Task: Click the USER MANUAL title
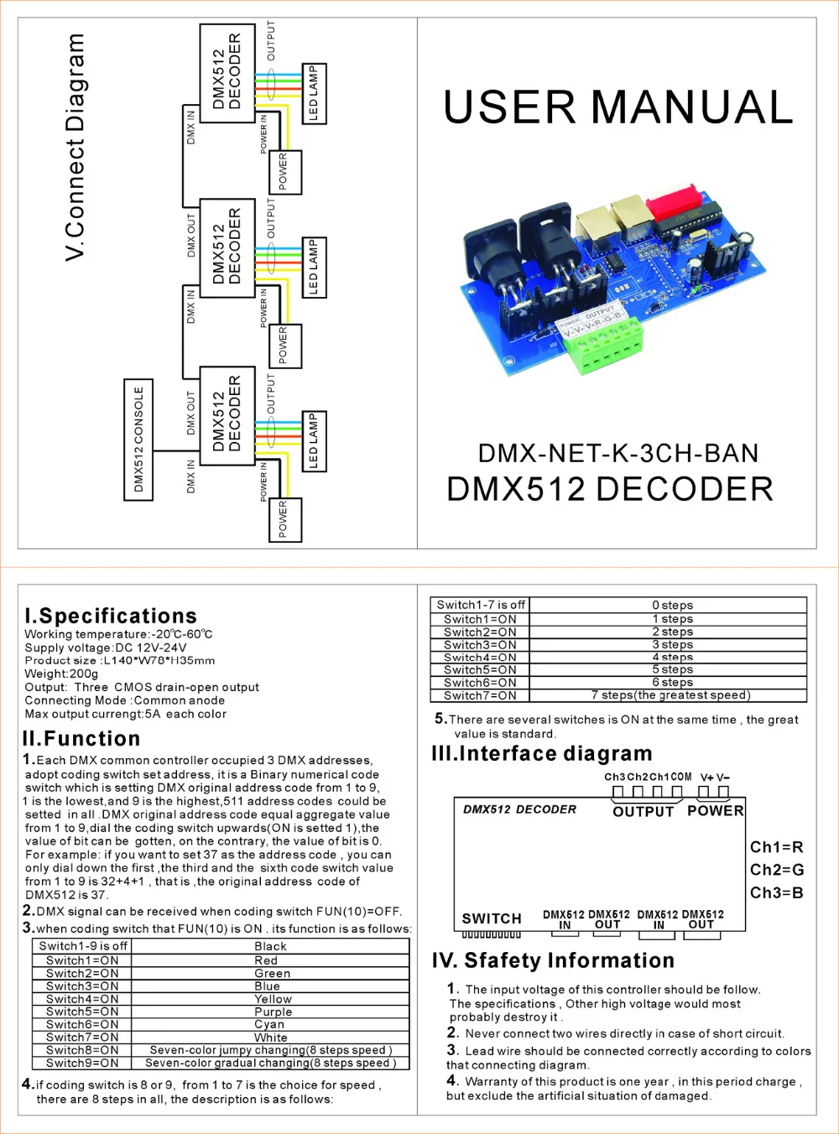618,107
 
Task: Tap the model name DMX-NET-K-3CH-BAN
618,454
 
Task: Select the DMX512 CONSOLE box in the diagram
138,440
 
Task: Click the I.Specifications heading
111,616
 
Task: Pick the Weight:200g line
61,674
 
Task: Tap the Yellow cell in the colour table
273,999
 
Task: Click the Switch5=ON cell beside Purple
82,1012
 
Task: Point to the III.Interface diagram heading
541,754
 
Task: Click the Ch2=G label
776,870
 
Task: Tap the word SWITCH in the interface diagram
492,918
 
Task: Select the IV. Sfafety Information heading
553,960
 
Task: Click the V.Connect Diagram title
76,147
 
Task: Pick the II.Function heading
81,739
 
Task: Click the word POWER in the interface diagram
715,810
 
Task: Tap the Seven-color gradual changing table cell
269,1063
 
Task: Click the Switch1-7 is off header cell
481,605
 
